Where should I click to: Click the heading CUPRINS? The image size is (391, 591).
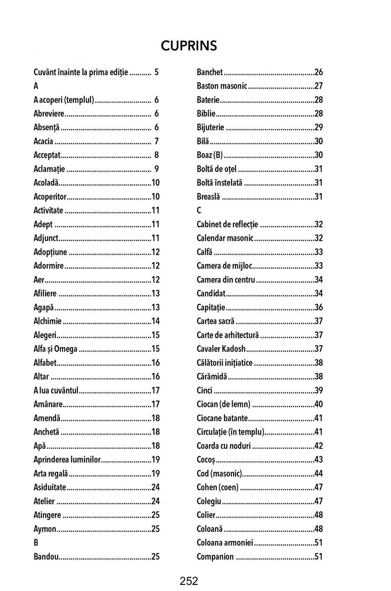pyautogui.click(x=189, y=46)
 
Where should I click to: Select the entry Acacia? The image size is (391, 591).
pyautogui.click(x=43, y=141)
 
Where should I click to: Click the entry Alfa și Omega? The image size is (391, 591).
pyautogui.click(x=55, y=349)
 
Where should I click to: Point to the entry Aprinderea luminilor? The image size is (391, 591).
pyautogui.click(x=67, y=460)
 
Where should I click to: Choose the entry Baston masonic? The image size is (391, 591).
pyautogui.click(x=222, y=86)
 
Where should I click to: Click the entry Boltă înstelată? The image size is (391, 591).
pyautogui.click(x=219, y=182)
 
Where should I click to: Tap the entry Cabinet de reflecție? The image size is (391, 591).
pyautogui.click(x=227, y=224)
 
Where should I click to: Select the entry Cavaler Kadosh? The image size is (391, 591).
pyautogui.click(x=221, y=349)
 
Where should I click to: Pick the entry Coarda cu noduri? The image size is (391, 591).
pyautogui.click(x=224, y=446)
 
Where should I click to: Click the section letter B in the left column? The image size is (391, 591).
pyautogui.click(x=36, y=543)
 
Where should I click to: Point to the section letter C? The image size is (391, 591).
pyautogui.click(x=199, y=211)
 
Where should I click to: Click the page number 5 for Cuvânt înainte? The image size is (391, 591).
pyautogui.click(x=156, y=72)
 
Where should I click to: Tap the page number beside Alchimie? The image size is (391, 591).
pyautogui.click(x=156, y=321)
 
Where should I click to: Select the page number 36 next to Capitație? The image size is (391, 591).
pyautogui.click(x=319, y=307)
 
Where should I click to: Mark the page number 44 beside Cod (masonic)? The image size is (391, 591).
pyautogui.click(x=319, y=474)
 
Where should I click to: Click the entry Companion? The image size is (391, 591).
pyautogui.click(x=215, y=557)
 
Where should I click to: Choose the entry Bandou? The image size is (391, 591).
pyautogui.click(x=46, y=557)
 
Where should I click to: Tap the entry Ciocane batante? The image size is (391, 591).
pyautogui.click(x=222, y=418)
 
